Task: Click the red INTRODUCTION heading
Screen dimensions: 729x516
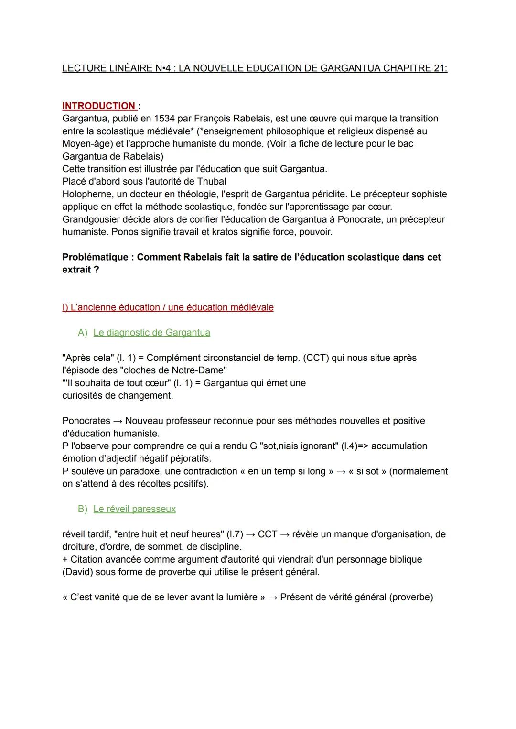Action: click(99, 106)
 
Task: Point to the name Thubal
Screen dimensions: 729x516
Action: click(211, 182)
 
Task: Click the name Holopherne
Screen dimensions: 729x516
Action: click(86, 194)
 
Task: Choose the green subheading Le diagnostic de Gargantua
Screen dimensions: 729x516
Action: click(151, 333)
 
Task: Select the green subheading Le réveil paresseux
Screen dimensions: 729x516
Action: click(134, 509)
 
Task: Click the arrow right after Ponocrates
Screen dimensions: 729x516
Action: click(118, 421)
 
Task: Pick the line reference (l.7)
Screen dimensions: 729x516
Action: click(233, 534)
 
